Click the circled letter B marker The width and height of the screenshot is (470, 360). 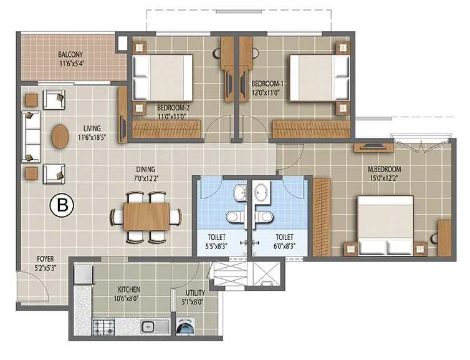(62, 205)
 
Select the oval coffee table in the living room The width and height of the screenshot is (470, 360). (60, 137)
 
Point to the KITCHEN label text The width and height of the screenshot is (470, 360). (128, 289)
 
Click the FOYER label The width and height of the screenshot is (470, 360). (45, 256)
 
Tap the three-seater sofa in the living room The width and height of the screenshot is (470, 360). (31, 136)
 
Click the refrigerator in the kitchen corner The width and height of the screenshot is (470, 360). (83, 275)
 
